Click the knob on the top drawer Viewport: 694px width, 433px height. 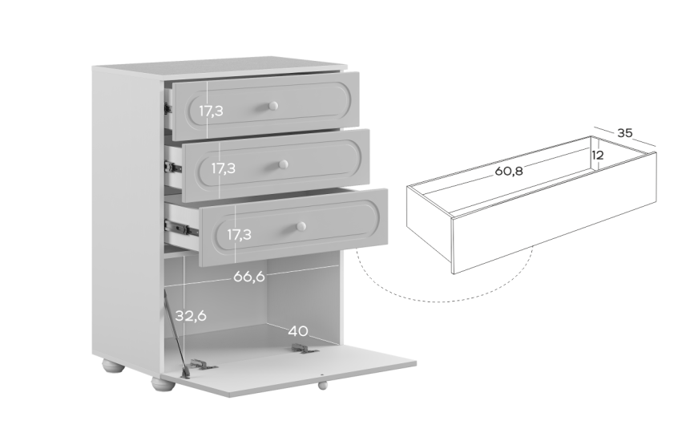273,106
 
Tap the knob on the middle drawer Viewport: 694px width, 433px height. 283,164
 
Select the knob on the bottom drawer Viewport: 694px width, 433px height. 301,226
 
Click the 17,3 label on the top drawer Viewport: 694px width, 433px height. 211,111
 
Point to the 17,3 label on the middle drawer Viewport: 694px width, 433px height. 223,168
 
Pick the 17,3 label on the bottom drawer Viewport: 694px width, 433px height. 239,234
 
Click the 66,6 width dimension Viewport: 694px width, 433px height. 248,277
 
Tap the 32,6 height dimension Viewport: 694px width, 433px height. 191,316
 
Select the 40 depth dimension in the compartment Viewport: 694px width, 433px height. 298,330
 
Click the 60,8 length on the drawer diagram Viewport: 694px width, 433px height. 509,171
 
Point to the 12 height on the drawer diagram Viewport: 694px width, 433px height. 598,155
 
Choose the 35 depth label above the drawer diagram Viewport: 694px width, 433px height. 624,132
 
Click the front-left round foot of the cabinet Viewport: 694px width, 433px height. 163,383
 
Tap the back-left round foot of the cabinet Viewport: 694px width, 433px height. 114,366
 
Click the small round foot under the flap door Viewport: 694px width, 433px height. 323,385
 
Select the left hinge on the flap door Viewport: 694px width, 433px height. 202,364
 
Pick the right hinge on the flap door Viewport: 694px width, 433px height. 305,349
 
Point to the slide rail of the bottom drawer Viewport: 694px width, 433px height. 181,228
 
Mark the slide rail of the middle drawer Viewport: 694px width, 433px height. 173,167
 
